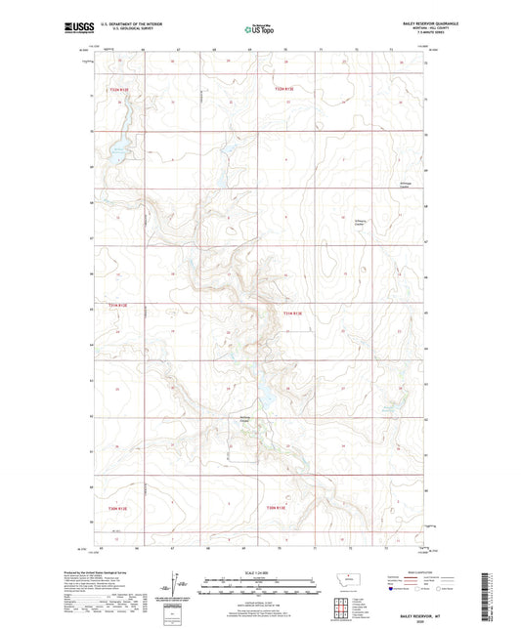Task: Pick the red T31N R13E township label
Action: tap(293, 313)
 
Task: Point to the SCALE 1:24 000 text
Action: tap(259, 573)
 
